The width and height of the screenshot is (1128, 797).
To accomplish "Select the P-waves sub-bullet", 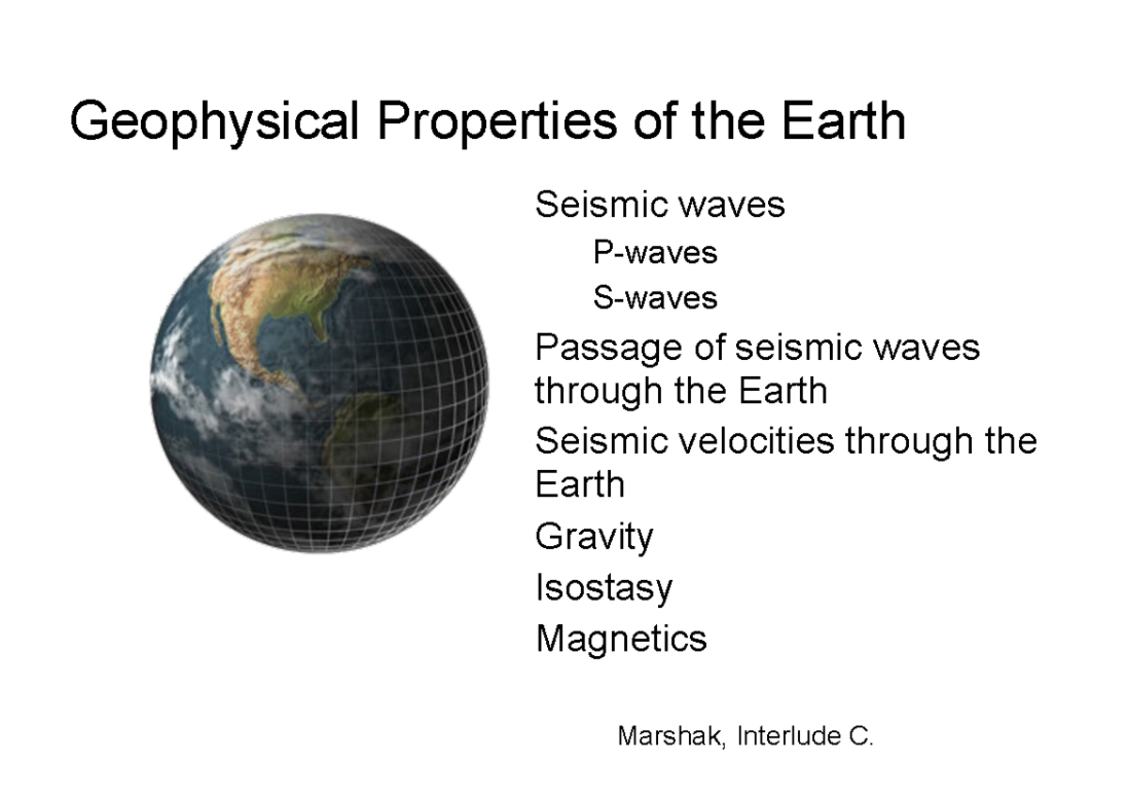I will (x=655, y=253).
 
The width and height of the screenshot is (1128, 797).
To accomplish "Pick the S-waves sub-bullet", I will (x=655, y=299).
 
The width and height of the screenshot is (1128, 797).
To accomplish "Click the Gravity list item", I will (x=593, y=538).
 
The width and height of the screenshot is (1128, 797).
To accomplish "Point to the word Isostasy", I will (x=603, y=588).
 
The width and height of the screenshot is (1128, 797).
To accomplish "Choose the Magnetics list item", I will (x=620, y=639).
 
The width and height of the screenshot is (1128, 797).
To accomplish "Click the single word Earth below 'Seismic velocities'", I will (x=579, y=485).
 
